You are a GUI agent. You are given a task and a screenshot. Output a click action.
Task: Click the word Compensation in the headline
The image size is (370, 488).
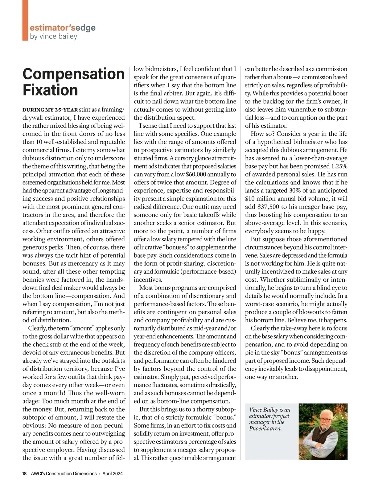coord(73,74)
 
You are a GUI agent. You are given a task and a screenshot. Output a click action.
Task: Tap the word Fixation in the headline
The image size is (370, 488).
coord(50,90)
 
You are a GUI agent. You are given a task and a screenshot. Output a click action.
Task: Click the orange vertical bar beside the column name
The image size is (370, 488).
coord(25,20)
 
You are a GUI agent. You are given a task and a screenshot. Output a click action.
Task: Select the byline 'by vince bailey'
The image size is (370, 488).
coord(53,36)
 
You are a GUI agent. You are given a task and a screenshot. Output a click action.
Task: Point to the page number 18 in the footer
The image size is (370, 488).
coord(25,474)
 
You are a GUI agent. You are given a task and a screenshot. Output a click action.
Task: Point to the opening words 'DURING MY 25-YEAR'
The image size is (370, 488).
coord(50,110)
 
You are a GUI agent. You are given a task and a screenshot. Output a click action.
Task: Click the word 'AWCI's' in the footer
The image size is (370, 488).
coord(39,474)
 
